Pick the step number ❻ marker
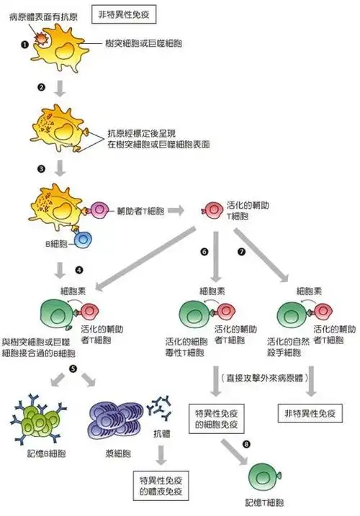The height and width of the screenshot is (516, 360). click(x=204, y=253)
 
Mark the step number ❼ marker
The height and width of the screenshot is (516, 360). click(x=242, y=253)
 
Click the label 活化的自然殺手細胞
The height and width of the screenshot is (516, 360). click(x=288, y=346)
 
